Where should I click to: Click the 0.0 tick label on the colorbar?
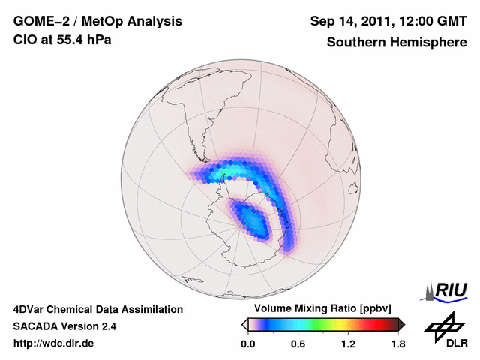248,343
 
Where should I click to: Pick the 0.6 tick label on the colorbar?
298,343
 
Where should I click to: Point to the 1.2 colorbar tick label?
348,343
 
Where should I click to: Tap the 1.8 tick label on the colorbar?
397,343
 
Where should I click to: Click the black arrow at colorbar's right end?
402,324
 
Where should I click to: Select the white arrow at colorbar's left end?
244,324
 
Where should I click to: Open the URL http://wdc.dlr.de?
54,343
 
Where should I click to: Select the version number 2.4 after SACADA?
107,326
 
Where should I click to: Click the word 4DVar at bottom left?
30,309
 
